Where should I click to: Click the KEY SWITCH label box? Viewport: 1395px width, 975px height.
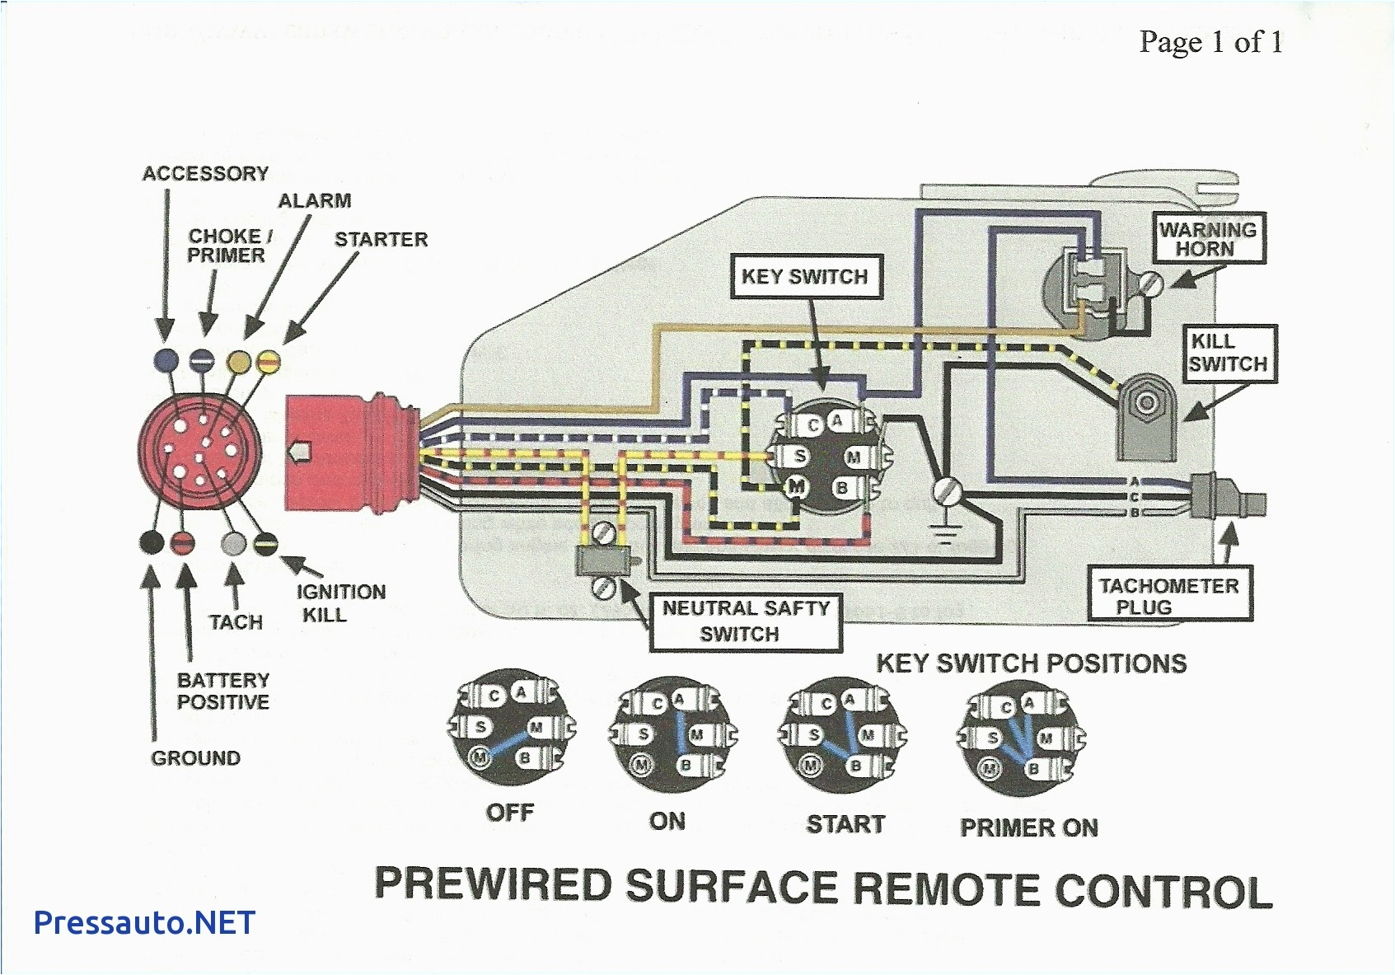(x=805, y=277)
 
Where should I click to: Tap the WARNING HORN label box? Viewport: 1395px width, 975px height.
(x=1207, y=239)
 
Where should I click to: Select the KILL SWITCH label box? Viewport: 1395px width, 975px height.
(x=1227, y=353)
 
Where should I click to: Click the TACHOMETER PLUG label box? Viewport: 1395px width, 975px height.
(x=1168, y=597)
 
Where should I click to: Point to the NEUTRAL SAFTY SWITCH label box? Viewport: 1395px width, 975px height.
(x=746, y=621)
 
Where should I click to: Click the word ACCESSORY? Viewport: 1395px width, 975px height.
(x=205, y=174)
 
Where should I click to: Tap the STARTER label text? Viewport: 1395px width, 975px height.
(x=381, y=240)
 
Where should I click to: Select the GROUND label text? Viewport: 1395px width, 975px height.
(x=196, y=758)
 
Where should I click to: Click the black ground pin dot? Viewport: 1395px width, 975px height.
(x=152, y=542)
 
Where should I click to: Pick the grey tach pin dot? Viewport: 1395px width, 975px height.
(x=235, y=543)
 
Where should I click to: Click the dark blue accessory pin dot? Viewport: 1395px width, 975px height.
(x=166, y=359)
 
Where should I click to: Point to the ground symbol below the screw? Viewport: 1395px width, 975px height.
(x=945, y=536)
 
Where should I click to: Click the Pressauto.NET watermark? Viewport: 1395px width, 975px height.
(x=144, y=922)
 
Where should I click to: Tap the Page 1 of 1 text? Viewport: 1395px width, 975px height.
(x=1210, y=42)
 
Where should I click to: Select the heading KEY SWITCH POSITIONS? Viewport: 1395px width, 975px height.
(x=1031, y=663)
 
